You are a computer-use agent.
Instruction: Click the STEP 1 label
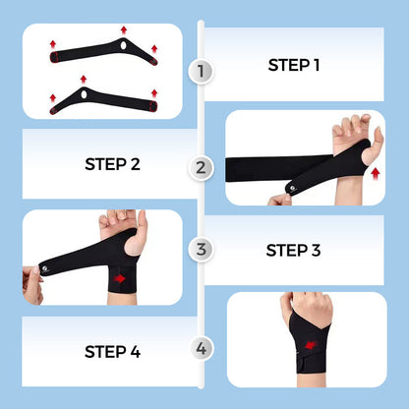click(294, 66)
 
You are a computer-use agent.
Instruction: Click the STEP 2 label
click(119, 163)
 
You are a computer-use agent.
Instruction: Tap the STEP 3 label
click(294, 250)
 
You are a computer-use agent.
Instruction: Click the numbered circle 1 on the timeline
click(203, 71)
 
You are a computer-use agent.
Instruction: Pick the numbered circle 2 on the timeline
click(203, 167)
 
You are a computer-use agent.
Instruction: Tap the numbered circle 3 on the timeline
click(203, 249)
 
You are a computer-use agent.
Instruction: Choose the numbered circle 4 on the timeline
click(203, 347)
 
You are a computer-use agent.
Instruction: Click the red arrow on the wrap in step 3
click(120, 278)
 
